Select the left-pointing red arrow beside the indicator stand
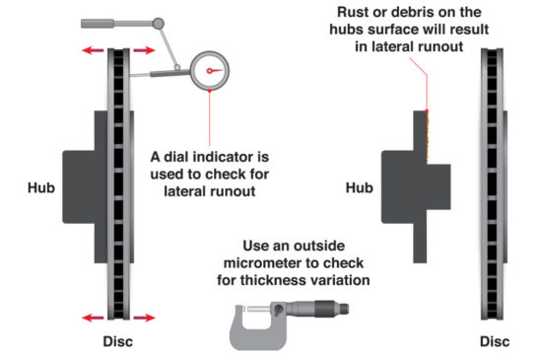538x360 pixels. (x=93, y=49)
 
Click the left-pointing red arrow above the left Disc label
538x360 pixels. (x=93, y=318)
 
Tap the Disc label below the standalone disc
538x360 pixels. (x=495, y=342)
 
